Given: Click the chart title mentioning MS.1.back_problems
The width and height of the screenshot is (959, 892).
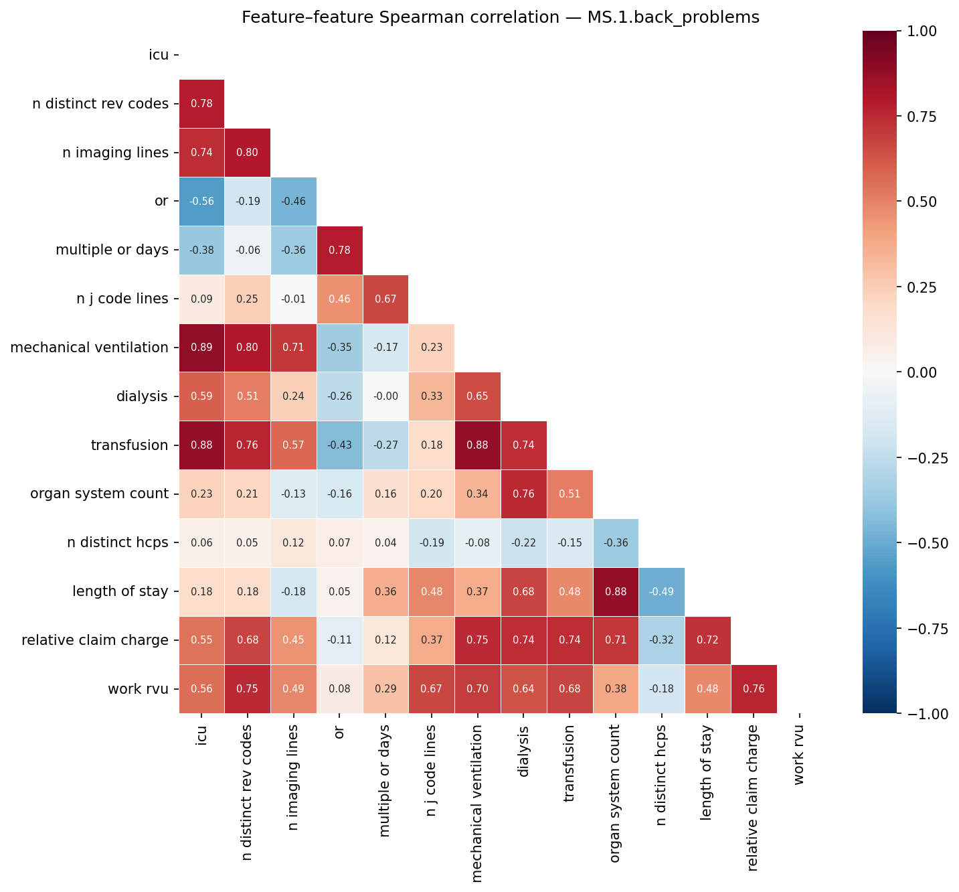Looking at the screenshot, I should tap(500, 17).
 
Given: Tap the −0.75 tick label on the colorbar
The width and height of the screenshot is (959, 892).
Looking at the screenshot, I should tap(929, 628).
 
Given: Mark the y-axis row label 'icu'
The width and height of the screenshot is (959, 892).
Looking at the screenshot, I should tap(159, 55).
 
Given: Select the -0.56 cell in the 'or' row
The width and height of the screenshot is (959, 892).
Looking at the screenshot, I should tap(201, 202).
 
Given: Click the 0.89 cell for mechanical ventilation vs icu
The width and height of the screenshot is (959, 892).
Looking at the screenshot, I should tap(201, 348).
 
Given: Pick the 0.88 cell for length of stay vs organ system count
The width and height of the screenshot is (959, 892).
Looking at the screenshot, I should tap(615, 592).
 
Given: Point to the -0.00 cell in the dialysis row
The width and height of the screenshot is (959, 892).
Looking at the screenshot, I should tap(385, 396).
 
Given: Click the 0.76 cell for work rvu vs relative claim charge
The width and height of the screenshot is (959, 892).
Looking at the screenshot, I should tap(754, 689).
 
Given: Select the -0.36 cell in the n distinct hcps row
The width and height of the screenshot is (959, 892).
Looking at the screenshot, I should tap(615, 543).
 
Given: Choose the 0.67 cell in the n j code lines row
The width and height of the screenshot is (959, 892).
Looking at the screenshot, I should tap(385, 299).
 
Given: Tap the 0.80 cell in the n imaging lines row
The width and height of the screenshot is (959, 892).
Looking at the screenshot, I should tap(248, 153).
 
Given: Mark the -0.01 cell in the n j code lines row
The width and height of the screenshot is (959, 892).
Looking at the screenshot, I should tap(293, 299).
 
